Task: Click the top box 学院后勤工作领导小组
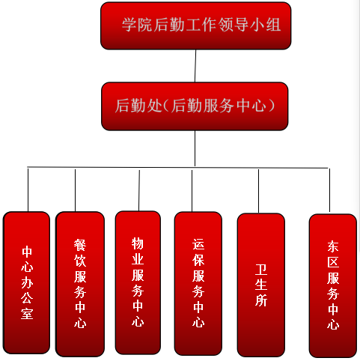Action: coord(196,25)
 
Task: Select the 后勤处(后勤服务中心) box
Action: coord(195,106)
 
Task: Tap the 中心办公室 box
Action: coord(26,282)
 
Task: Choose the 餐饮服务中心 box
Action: coord(80,284)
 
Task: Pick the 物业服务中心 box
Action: coord(138,282)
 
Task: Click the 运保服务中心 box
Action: coord(198,284)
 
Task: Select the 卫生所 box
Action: coord(261,285)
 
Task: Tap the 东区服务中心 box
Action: coord(333,285)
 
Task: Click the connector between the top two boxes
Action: coord(195,66)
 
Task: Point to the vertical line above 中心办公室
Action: coord(28,190)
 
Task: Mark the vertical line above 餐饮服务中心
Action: coord(75,190)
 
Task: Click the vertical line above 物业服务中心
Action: coord(139,190)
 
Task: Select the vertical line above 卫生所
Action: coord(258,191)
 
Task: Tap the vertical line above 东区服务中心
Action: coord(329,191)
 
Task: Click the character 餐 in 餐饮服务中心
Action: coord(80,245)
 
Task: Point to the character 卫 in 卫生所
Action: coord(261,270)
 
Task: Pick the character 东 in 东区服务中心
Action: coord(333,246)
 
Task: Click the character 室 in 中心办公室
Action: coord(27,313)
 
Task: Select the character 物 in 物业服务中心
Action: coord(138,243)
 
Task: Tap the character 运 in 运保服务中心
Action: coord(198,244)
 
